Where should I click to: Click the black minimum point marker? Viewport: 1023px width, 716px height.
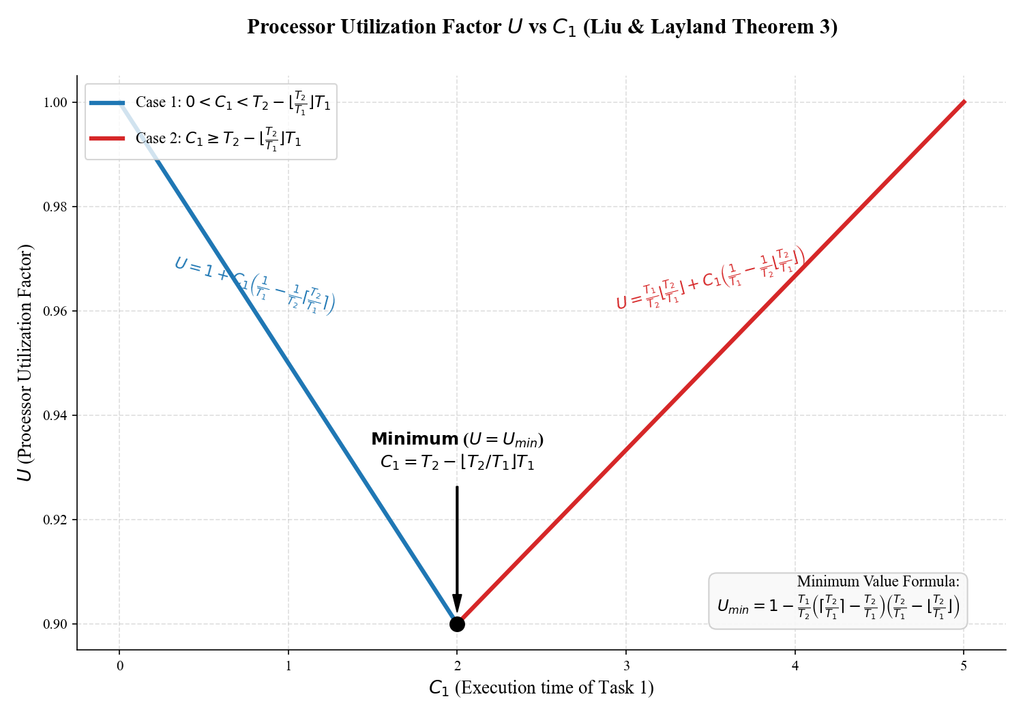point(457,624)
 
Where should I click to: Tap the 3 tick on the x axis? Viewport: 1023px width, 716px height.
point(626,666)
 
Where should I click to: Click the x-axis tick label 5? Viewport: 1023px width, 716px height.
point(964,666)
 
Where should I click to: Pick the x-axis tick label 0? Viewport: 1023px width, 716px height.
point(120,666)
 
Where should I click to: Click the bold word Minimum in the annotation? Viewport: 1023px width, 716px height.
point(415,440)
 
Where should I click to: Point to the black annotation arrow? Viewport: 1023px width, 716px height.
point(457,546)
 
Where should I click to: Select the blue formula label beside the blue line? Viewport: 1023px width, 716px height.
point(254,285)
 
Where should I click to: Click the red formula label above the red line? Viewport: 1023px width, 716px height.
point(710,277)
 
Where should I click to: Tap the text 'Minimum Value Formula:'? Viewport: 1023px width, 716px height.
point(878,582)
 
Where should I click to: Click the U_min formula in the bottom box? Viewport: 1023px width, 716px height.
point(838,606)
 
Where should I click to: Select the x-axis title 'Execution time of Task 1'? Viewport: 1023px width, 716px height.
point(554,687)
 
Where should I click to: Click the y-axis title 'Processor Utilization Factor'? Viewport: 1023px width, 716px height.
point(26,361)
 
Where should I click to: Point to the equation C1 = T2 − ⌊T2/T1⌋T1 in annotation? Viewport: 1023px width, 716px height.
point(457,462)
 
